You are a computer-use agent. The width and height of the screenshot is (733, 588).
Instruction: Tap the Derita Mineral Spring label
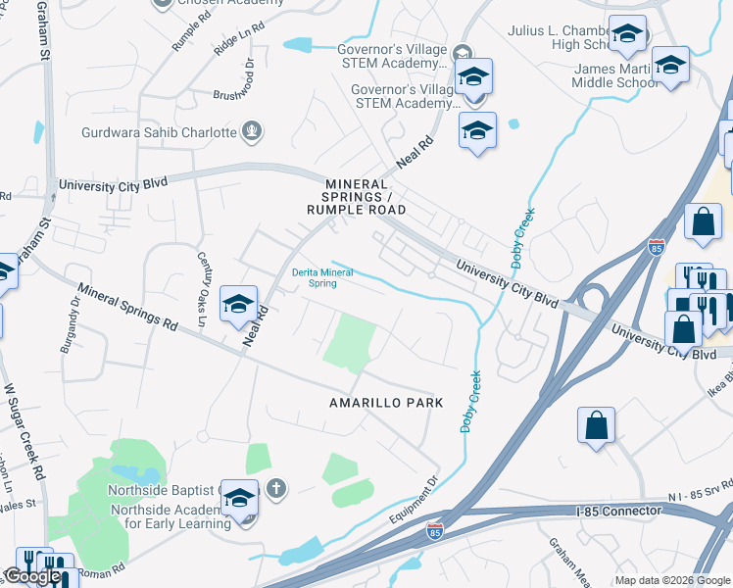[323, 277]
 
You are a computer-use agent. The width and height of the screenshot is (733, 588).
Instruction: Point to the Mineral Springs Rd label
[127, 307]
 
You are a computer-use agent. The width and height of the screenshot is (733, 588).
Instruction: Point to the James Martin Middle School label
[614, 75]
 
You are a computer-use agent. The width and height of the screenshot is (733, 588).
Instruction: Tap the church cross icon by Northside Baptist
[277, 487]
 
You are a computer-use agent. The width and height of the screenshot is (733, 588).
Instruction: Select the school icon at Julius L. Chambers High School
[625, 36]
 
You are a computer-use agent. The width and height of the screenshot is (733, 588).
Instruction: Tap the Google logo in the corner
[32, 576]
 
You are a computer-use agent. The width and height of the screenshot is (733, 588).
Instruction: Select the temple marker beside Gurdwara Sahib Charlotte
[253, 130]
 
